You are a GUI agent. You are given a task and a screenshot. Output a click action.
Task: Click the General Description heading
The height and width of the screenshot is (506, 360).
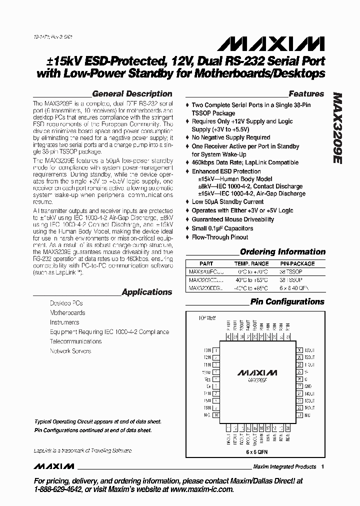(132, 93)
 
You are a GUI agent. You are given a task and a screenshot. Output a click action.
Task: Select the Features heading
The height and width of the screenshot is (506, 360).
(306, 93)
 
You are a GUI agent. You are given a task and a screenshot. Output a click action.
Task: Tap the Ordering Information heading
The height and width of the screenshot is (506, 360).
(282, 252)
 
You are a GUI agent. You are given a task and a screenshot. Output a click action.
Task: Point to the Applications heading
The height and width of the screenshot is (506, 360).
(146, 292)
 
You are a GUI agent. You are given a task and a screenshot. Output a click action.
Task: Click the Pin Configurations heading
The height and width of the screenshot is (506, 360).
(287, 301)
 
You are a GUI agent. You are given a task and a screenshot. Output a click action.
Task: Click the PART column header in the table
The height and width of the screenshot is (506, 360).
(206, 263)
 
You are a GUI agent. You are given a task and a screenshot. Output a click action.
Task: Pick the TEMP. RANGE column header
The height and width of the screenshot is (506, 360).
(251, 263)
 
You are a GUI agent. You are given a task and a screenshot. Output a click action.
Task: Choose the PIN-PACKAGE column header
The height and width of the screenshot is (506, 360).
(297, 263)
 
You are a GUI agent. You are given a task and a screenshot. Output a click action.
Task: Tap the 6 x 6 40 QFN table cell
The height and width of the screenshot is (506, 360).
(297, 288)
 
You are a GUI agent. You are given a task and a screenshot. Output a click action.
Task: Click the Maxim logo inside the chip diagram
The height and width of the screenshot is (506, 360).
(256, 373)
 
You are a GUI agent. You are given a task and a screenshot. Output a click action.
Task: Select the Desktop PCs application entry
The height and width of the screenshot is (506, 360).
(66, 303)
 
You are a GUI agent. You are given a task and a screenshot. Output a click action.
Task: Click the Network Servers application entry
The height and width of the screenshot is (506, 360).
(70, 351)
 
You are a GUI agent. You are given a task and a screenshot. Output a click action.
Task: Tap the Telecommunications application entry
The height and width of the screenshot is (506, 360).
(75, 341)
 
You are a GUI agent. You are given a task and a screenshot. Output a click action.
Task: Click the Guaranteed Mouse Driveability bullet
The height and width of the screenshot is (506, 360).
(233, 219)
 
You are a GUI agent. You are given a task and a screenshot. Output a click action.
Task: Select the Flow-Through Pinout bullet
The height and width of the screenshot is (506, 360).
(220, 237)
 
